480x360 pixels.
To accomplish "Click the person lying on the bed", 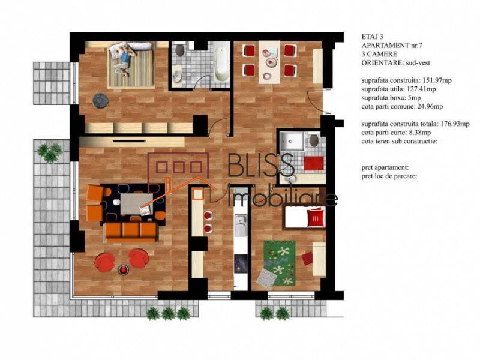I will click(125, 58).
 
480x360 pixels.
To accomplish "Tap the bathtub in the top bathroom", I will click(220, 64).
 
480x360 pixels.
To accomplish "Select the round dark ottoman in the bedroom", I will click(100, 100).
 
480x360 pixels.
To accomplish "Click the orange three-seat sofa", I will click(130, 231).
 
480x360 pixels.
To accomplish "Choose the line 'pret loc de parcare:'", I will click(389, 176).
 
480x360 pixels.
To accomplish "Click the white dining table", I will click(268, 62).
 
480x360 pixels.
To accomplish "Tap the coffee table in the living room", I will click(136, 202).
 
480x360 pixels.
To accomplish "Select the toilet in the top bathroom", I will click(179, 75).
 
